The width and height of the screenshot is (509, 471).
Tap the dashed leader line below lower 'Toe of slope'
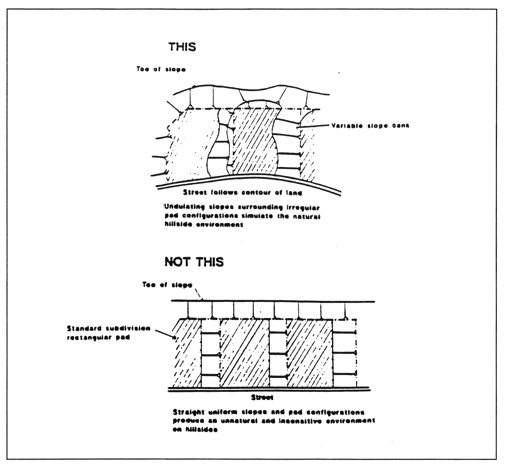(199, 294)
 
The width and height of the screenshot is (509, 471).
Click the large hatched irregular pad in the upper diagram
(255, 140)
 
